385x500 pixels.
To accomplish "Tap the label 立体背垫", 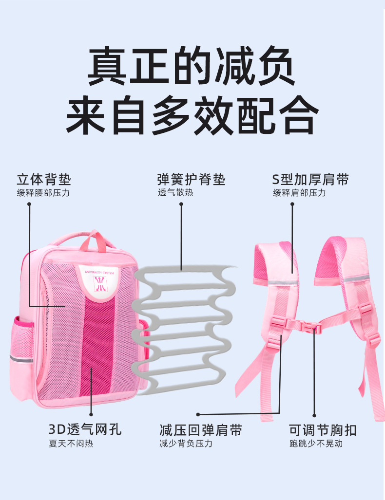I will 44,179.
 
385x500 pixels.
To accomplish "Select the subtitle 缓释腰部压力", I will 44,193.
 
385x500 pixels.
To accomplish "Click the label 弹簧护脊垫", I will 191,179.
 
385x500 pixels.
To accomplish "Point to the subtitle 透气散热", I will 175,192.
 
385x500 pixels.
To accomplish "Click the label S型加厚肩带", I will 310,179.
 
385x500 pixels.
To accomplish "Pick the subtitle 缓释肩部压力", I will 299,193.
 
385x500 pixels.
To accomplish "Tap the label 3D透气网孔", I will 85,430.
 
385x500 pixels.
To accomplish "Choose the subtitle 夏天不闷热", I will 71,444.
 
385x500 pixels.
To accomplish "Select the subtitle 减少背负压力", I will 186,444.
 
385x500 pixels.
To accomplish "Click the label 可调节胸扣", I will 323,430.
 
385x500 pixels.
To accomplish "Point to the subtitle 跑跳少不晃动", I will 316,444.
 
